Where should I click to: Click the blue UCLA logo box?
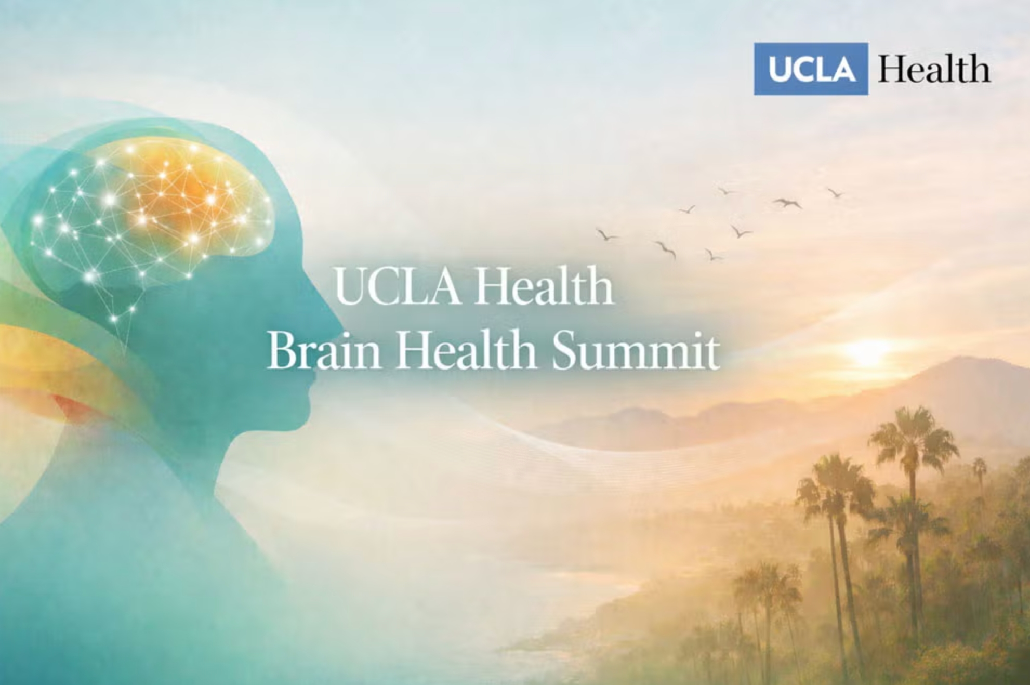point(811,69)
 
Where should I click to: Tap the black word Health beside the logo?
point(934,69)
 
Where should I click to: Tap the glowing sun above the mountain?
point(867,352)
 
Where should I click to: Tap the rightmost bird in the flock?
point(835,193)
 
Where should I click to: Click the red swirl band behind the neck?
point(73,405)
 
